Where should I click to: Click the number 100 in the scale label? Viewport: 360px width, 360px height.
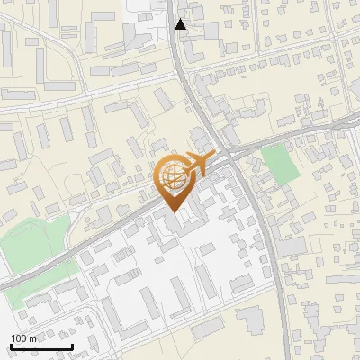[x=20, y=338]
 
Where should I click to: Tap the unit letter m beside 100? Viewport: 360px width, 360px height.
[x=32, y=338]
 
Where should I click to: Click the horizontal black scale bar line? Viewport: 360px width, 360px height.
[x=41, y=347]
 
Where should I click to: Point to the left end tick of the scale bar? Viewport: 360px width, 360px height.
[x=11, y=346]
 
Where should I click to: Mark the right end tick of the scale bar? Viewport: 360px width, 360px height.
[x=72, y=346]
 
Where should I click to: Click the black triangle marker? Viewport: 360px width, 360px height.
[x=181, y=24]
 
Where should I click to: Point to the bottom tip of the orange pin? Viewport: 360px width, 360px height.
[x=174, y=212]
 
